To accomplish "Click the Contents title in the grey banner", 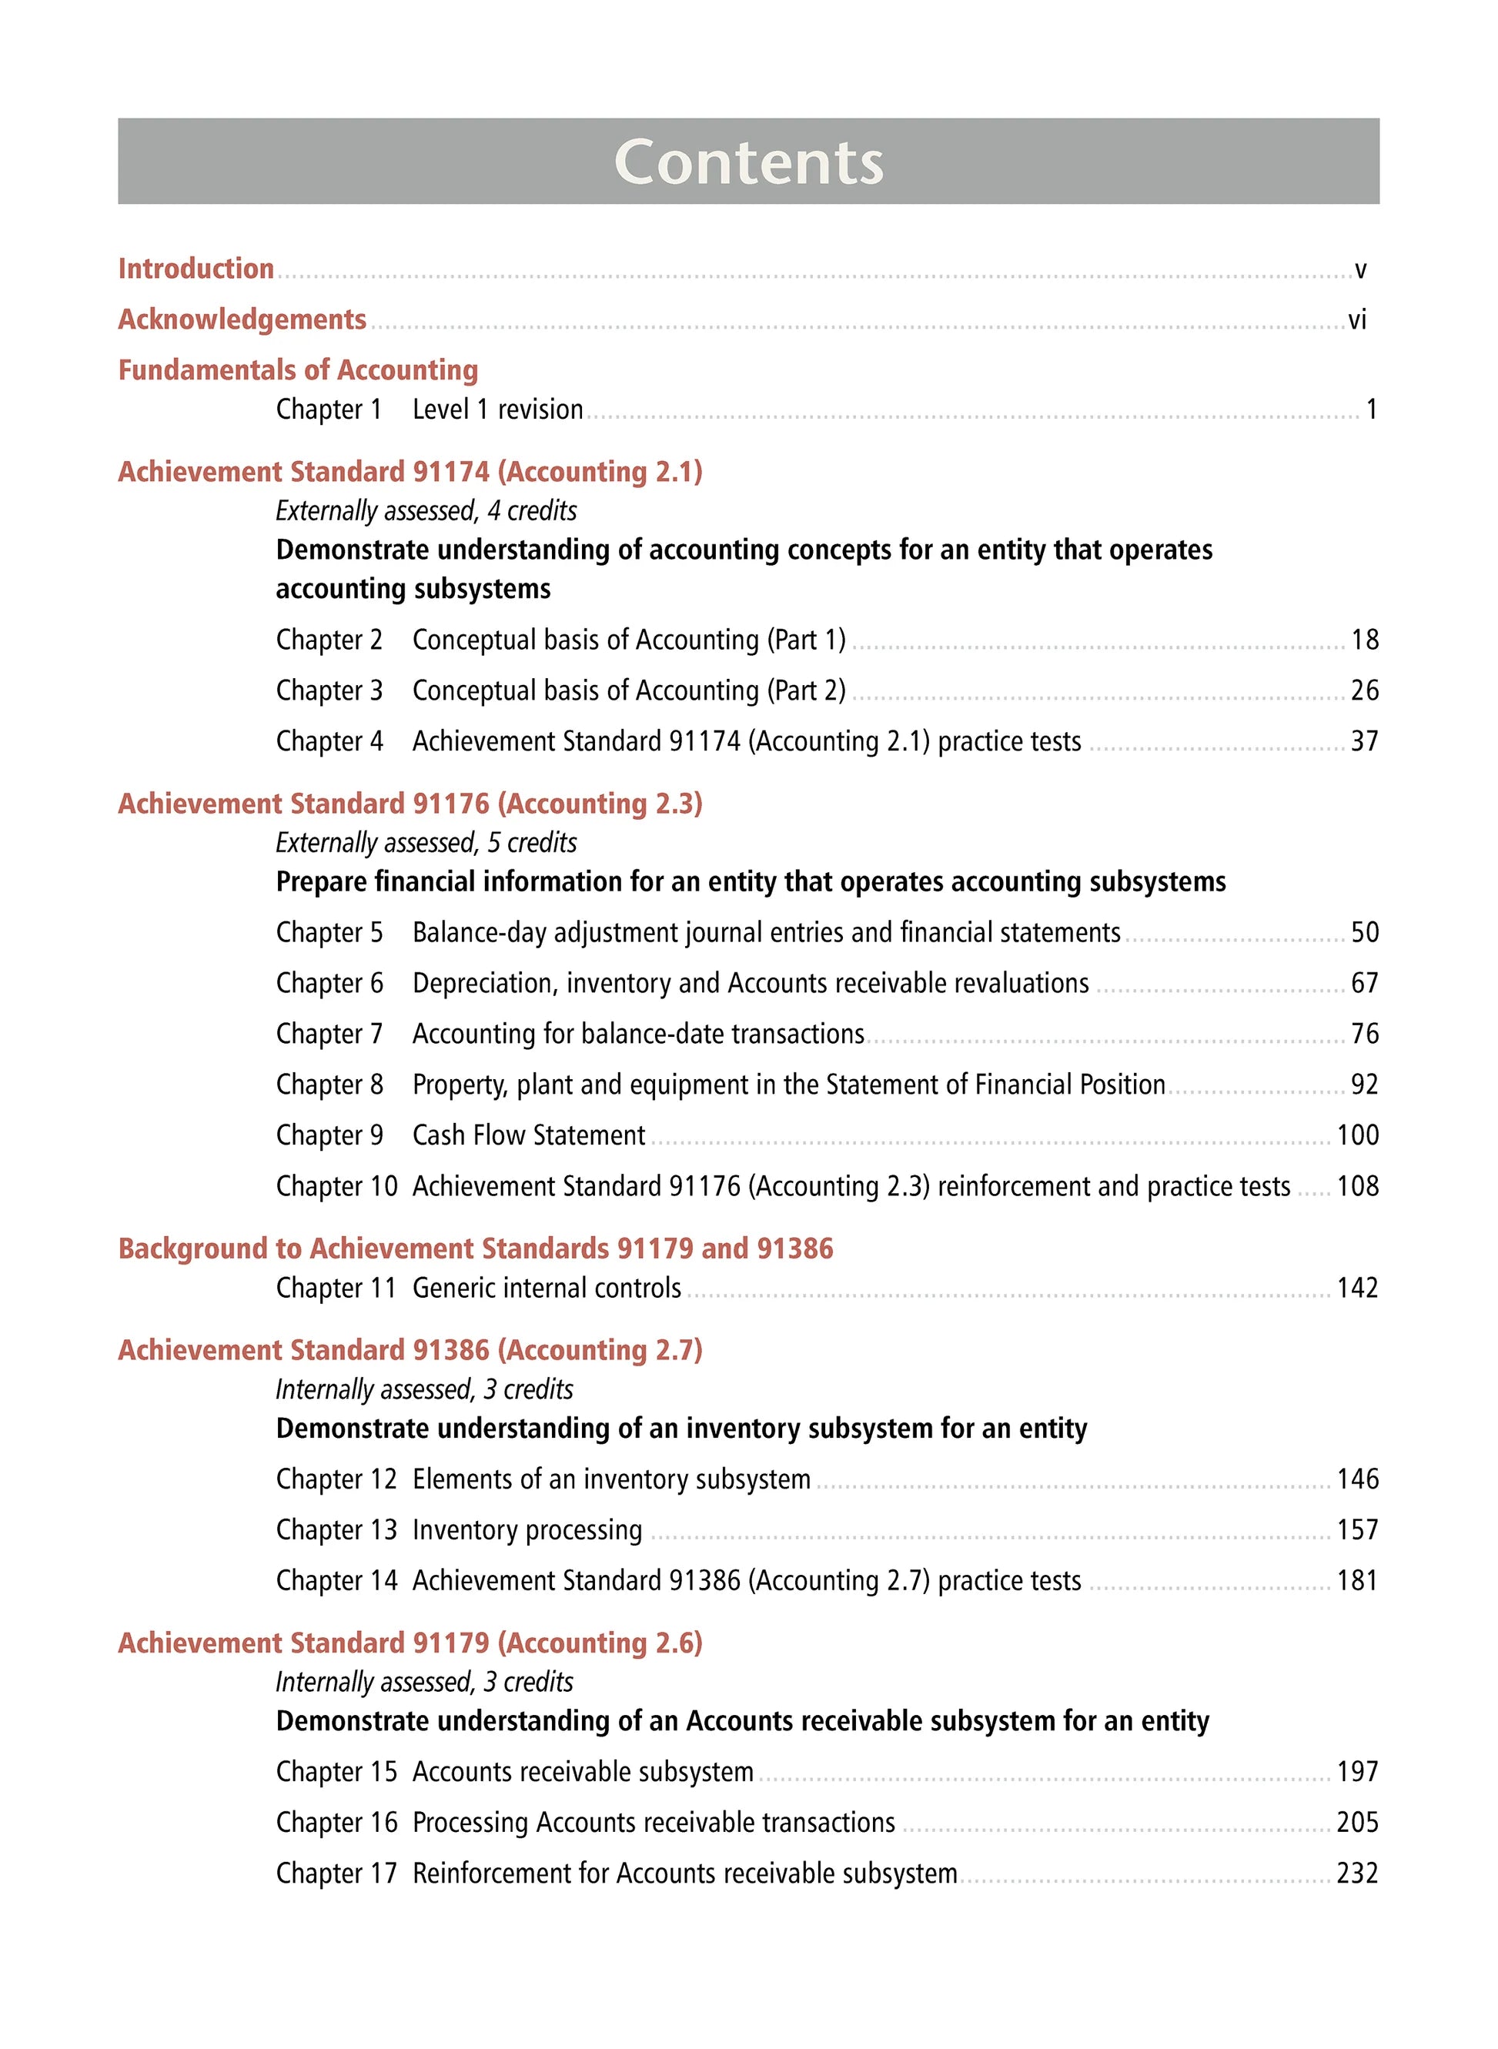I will point(748,162).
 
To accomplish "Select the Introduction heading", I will point(196,269).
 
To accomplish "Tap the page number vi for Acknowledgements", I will point(1356,319).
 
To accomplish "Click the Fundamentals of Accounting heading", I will point(299,370).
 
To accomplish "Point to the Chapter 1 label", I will point(329,409).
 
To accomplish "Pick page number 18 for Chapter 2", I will point(1365,640).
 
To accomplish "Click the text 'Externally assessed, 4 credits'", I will point(426,511).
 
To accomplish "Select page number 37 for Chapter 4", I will point(1365,742).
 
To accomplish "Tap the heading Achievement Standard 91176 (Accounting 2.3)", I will point(410,804).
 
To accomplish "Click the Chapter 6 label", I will point(329,984).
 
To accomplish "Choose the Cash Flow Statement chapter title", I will point(529,1135).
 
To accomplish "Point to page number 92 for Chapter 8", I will point(1365,1085).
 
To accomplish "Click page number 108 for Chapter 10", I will point(1357,1187).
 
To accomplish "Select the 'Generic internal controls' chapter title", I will point(547,1289).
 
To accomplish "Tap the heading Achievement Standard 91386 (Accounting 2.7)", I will point(410,1351).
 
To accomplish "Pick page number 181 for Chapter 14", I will point(1357,1581).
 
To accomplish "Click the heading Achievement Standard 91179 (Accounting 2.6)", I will point(410,1643).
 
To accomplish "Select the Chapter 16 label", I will point(336,1823).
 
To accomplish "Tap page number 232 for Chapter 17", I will point(1357,1874).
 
